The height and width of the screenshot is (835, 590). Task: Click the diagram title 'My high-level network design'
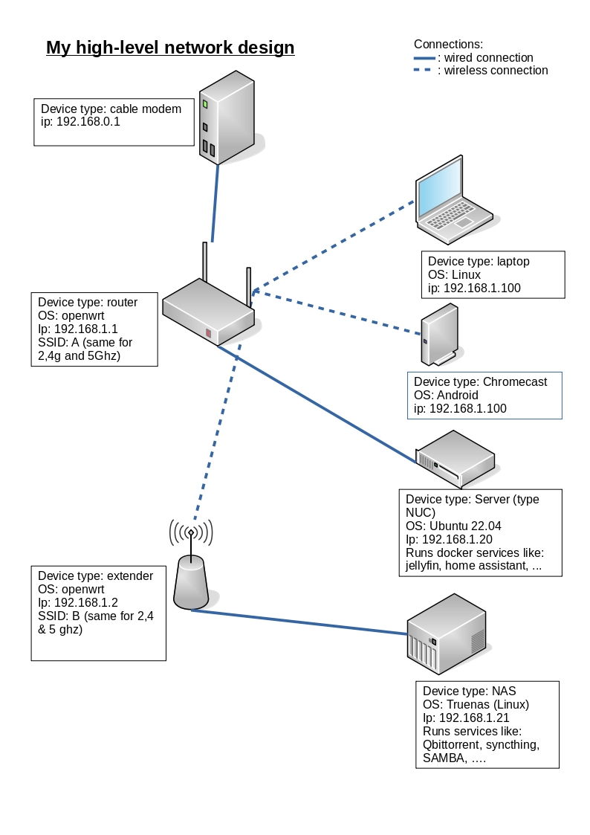click(170, 48)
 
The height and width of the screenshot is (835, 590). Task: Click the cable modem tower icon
click(227, 117)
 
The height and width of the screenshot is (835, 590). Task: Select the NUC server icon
click(455, 457)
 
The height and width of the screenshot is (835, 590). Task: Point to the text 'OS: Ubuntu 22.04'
click(450, 526)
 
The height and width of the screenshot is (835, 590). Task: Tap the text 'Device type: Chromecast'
click(480, 382)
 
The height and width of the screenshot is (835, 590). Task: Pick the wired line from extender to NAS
click(297, 622)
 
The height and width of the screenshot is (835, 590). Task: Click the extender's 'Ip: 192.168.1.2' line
click(78, 603)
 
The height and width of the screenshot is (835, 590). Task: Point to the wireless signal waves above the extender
click(191, 532)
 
